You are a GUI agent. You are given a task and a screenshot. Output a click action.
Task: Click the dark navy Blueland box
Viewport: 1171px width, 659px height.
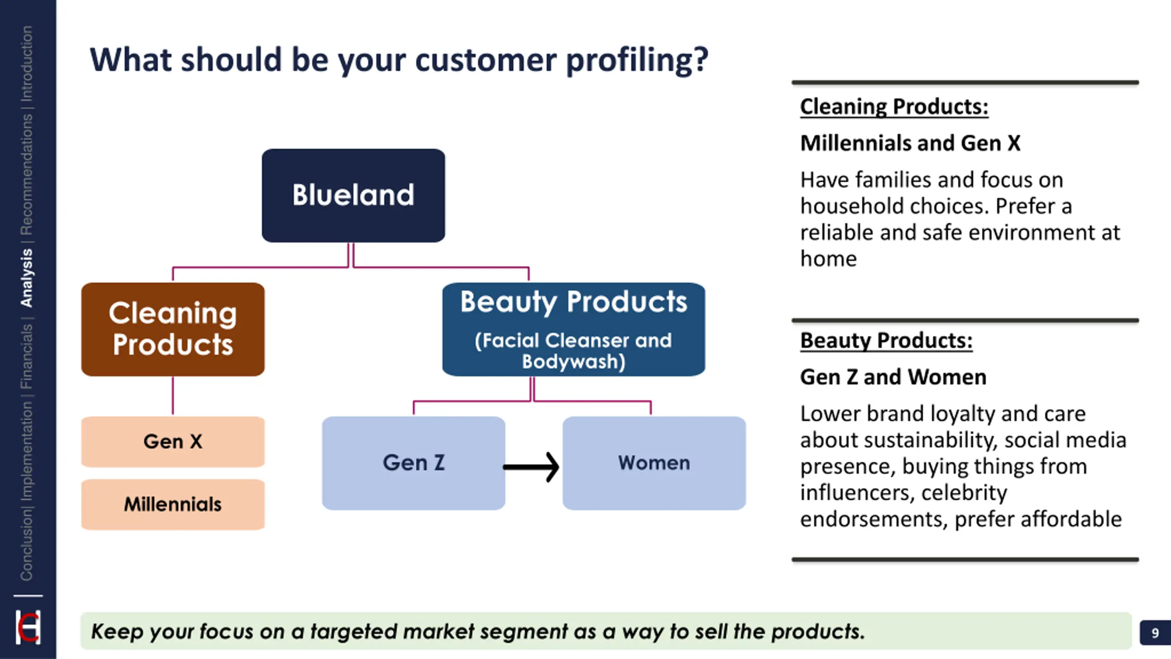pyautogui.click(x=353, y=195)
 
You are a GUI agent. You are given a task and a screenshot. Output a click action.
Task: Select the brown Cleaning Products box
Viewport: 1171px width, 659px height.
pyautogui.click(x=173, y=329)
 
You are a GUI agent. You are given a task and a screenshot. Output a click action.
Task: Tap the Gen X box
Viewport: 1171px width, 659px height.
pyautogui.click(x=173, y=442)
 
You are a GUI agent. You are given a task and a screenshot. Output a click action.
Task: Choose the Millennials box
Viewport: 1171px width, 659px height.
pyautogui.click(x=173, y=504)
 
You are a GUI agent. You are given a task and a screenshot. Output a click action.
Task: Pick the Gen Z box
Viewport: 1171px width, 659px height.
pyautogui.click(x=414, y=463)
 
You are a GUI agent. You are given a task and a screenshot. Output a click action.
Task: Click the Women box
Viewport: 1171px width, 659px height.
pyautogui.click(x=654, y=463)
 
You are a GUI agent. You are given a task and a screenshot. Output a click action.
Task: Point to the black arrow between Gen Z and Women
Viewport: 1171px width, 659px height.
pyautogui.click(x=532, y=467)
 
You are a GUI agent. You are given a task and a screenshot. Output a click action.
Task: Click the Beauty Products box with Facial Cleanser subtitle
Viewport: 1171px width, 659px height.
pyautogui.click(x=574, y=329)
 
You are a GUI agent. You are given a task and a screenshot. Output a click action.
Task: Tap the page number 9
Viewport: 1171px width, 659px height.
pyautogui.click(x=1155, y=633)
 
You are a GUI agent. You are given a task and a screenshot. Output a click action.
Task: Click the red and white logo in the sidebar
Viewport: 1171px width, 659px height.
pyautogui.click(x=28, y=627)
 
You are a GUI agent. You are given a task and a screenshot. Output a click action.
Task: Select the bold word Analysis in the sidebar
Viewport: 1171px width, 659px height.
pyautogui.click(x=27, y=278)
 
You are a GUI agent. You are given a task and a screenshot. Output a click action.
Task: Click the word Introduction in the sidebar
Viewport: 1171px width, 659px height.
pyautogui.click(x=27, y=63)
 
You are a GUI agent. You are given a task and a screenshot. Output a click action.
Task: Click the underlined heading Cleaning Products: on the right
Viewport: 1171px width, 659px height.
pyautogui.click(x=894, y=107)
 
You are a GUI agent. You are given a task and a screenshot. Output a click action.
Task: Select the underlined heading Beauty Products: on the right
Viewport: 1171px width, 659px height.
pyautogui.click(x=886, y=341)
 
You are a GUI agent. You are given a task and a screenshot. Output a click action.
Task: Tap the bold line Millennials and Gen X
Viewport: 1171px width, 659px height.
pyautogui.click(x=910, y=143)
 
